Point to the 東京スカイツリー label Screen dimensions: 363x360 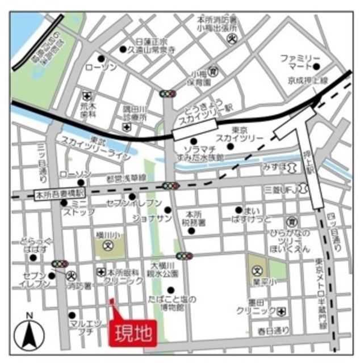coord(239,134)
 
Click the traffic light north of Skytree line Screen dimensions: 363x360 coord(168,94)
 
